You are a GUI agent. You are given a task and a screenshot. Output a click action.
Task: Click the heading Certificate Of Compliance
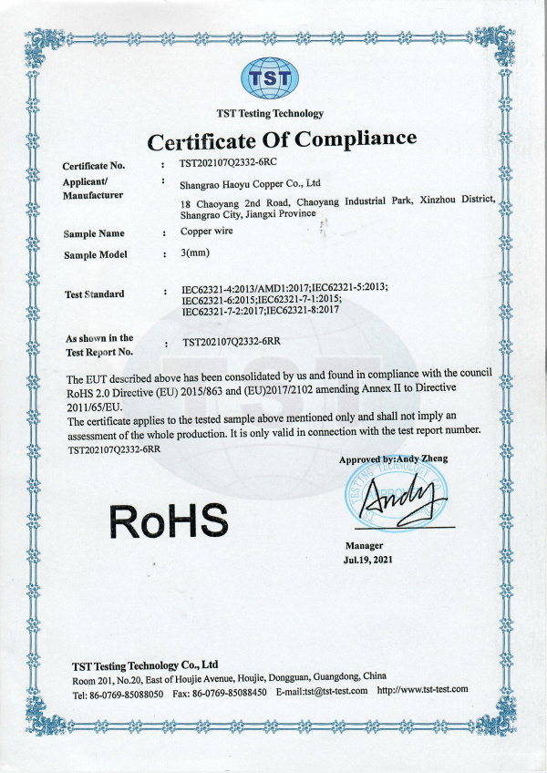click(x=282, y=140)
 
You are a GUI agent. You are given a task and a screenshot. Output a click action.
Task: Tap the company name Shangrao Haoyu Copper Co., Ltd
click(x=251, y=183)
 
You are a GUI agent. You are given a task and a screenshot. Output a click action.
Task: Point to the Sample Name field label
click(x=94, y=234)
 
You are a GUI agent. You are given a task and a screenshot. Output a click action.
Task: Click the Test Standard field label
click(x=95, y=294)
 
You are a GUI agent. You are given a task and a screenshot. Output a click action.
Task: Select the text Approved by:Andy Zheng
click(x=394, y=459)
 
